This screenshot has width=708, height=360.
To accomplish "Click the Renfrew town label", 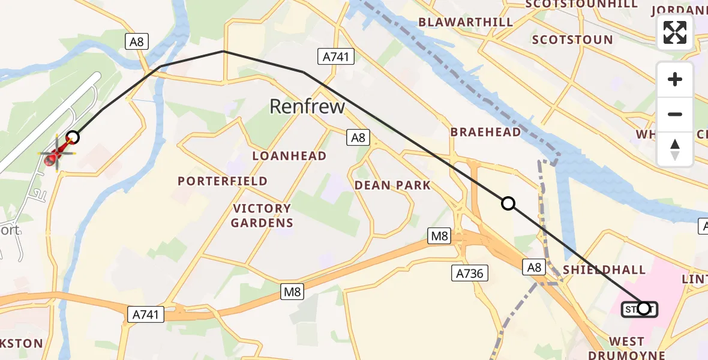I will (x=307, y=107).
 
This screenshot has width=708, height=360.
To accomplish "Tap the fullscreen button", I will (x=675, y=32).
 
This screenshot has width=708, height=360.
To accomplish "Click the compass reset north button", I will (x=675, y=149).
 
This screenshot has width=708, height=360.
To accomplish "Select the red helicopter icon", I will (x=54, y=154).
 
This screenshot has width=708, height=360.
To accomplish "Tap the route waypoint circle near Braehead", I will (x=508, y=203).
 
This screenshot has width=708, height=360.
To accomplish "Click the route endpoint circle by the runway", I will (x=73, y=137).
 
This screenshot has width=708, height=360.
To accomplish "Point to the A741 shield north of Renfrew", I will (x=335, y=57).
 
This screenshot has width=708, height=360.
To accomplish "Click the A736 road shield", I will (x=470, y=274).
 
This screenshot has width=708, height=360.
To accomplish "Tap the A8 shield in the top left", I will (x=137, y=41).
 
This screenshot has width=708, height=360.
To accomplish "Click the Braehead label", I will (x=485, y=132).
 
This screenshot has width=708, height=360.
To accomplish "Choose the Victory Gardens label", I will (x=262, y=216).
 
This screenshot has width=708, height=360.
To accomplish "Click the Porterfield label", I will (x=223, y=181).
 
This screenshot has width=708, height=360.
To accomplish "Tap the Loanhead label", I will (x=289, y=156).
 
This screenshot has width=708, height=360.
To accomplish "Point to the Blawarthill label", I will (x=466, y=22).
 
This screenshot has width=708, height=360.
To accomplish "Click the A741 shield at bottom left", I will (x=146, y=314).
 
